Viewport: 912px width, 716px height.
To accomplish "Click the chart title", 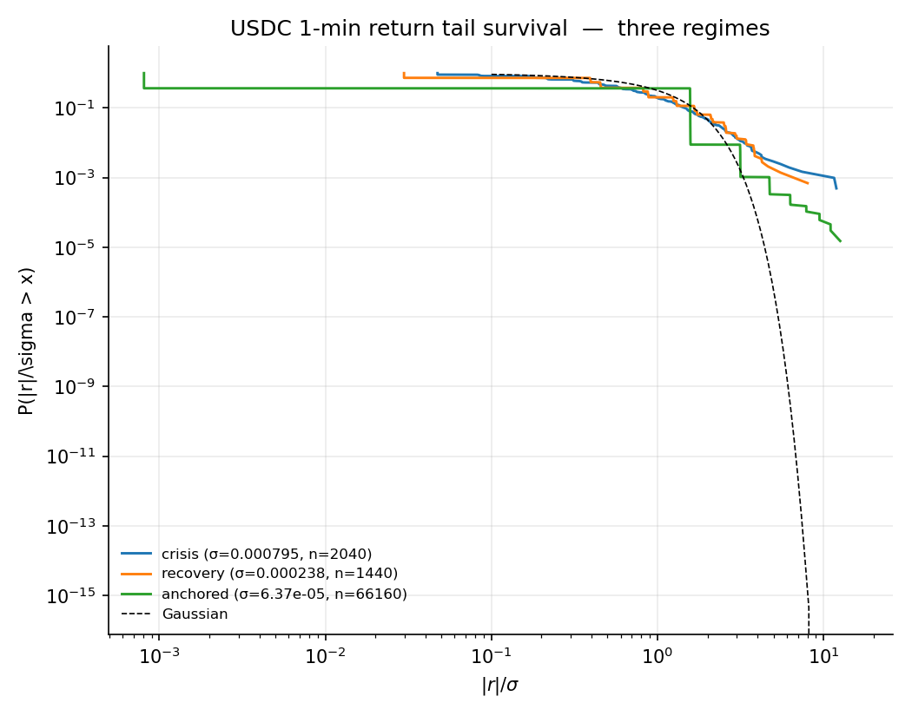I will [499, 29].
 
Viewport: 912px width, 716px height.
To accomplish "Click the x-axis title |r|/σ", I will [499, 686].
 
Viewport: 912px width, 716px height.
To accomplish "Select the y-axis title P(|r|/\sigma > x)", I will [27, 340].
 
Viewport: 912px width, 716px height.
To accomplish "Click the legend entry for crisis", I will [266, 554].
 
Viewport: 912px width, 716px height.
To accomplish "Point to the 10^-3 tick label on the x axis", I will [159, 655].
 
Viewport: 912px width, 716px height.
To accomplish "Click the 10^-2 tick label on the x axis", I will [325, 655].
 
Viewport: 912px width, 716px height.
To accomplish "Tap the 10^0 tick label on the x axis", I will [657, 655].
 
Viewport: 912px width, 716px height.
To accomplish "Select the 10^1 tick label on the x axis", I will [823, 655].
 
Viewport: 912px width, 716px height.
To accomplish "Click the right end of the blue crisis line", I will [836, 187].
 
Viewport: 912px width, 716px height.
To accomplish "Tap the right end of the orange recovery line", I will [808, 183].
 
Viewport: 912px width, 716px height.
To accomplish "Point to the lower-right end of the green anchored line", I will [840, 241].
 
